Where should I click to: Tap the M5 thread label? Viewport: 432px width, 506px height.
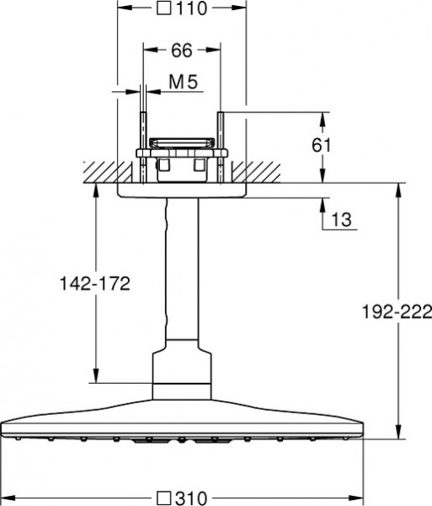183,83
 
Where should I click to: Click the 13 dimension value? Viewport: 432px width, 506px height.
341,219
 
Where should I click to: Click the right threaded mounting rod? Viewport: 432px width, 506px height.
220,143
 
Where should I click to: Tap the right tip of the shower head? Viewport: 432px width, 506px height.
360,422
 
